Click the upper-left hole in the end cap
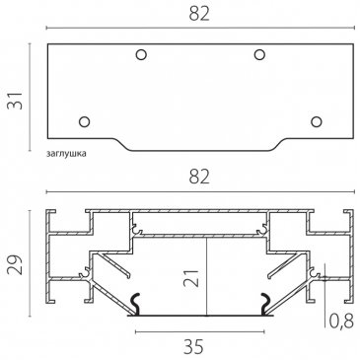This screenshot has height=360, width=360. (x=141, y=54)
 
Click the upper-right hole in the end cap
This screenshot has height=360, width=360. (x=259, y=54)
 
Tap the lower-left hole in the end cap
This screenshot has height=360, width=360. (x=85, y=121)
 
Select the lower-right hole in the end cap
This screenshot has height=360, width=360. (x=317, y=121)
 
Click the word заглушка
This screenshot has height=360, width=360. (x=66, y=154)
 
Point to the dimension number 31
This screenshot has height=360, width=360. (x=16, y=101)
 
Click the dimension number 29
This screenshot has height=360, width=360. (x=16, y=264)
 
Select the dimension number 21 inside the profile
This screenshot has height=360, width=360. (x=191, y=278)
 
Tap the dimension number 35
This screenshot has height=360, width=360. (x=193, y=346)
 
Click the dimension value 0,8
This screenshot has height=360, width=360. (x=341, y=321)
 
